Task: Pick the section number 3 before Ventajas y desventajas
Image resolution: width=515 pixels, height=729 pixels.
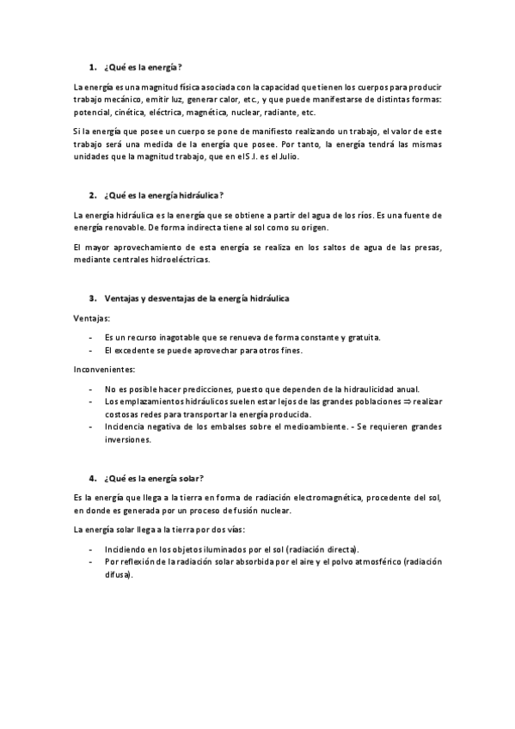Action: click(x=91, y=297)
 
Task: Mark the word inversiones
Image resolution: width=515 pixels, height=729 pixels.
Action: click(x=127, y=439)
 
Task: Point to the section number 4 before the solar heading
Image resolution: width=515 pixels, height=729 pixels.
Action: click(x=91, y=478)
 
